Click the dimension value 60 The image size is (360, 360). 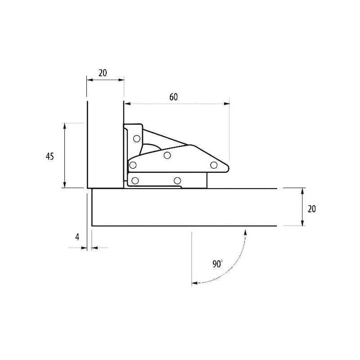174,97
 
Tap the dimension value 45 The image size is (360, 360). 50,157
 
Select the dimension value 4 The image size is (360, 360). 77,237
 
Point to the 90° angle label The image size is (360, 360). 218,264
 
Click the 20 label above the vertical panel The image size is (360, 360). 103,73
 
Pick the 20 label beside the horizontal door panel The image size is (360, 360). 311,209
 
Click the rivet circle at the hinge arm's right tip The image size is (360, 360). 214,165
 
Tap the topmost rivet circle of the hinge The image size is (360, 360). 137,139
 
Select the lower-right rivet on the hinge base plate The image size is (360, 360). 177,181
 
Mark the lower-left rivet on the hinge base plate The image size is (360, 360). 135,181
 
